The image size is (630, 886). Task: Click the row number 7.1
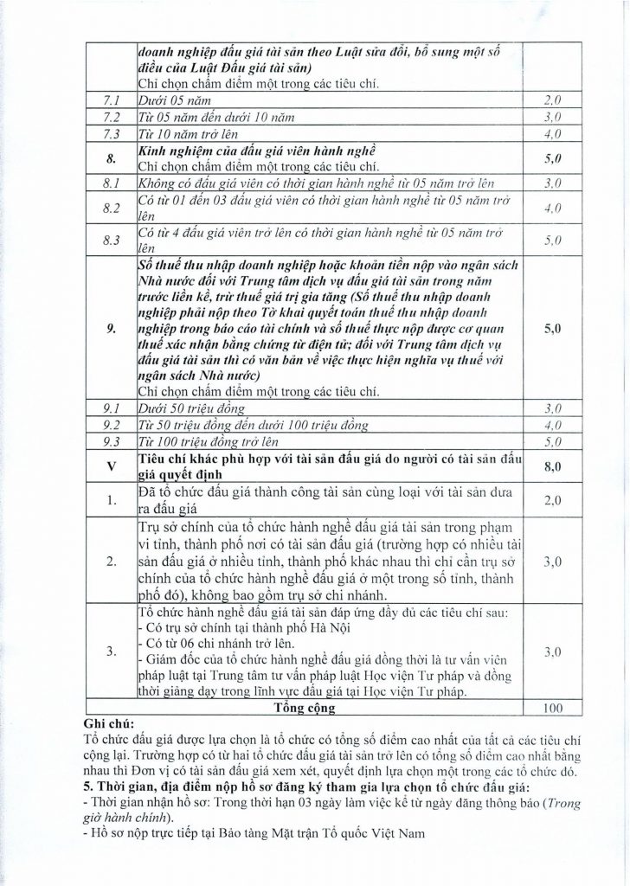tap(111, 100)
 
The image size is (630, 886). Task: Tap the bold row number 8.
tap(111, 158)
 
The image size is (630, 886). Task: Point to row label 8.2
tap(111, 209)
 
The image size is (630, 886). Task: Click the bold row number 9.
tap(111, 330)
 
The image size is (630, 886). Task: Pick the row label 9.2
tap(111, 425)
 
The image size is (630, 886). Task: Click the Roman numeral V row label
tap(111, 465)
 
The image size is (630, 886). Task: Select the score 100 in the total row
tap(551, 708)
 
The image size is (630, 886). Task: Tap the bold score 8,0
tap(551, 465)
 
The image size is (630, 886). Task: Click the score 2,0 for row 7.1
tap(551, 100)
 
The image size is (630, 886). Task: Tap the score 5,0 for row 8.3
tap(551, 240)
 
